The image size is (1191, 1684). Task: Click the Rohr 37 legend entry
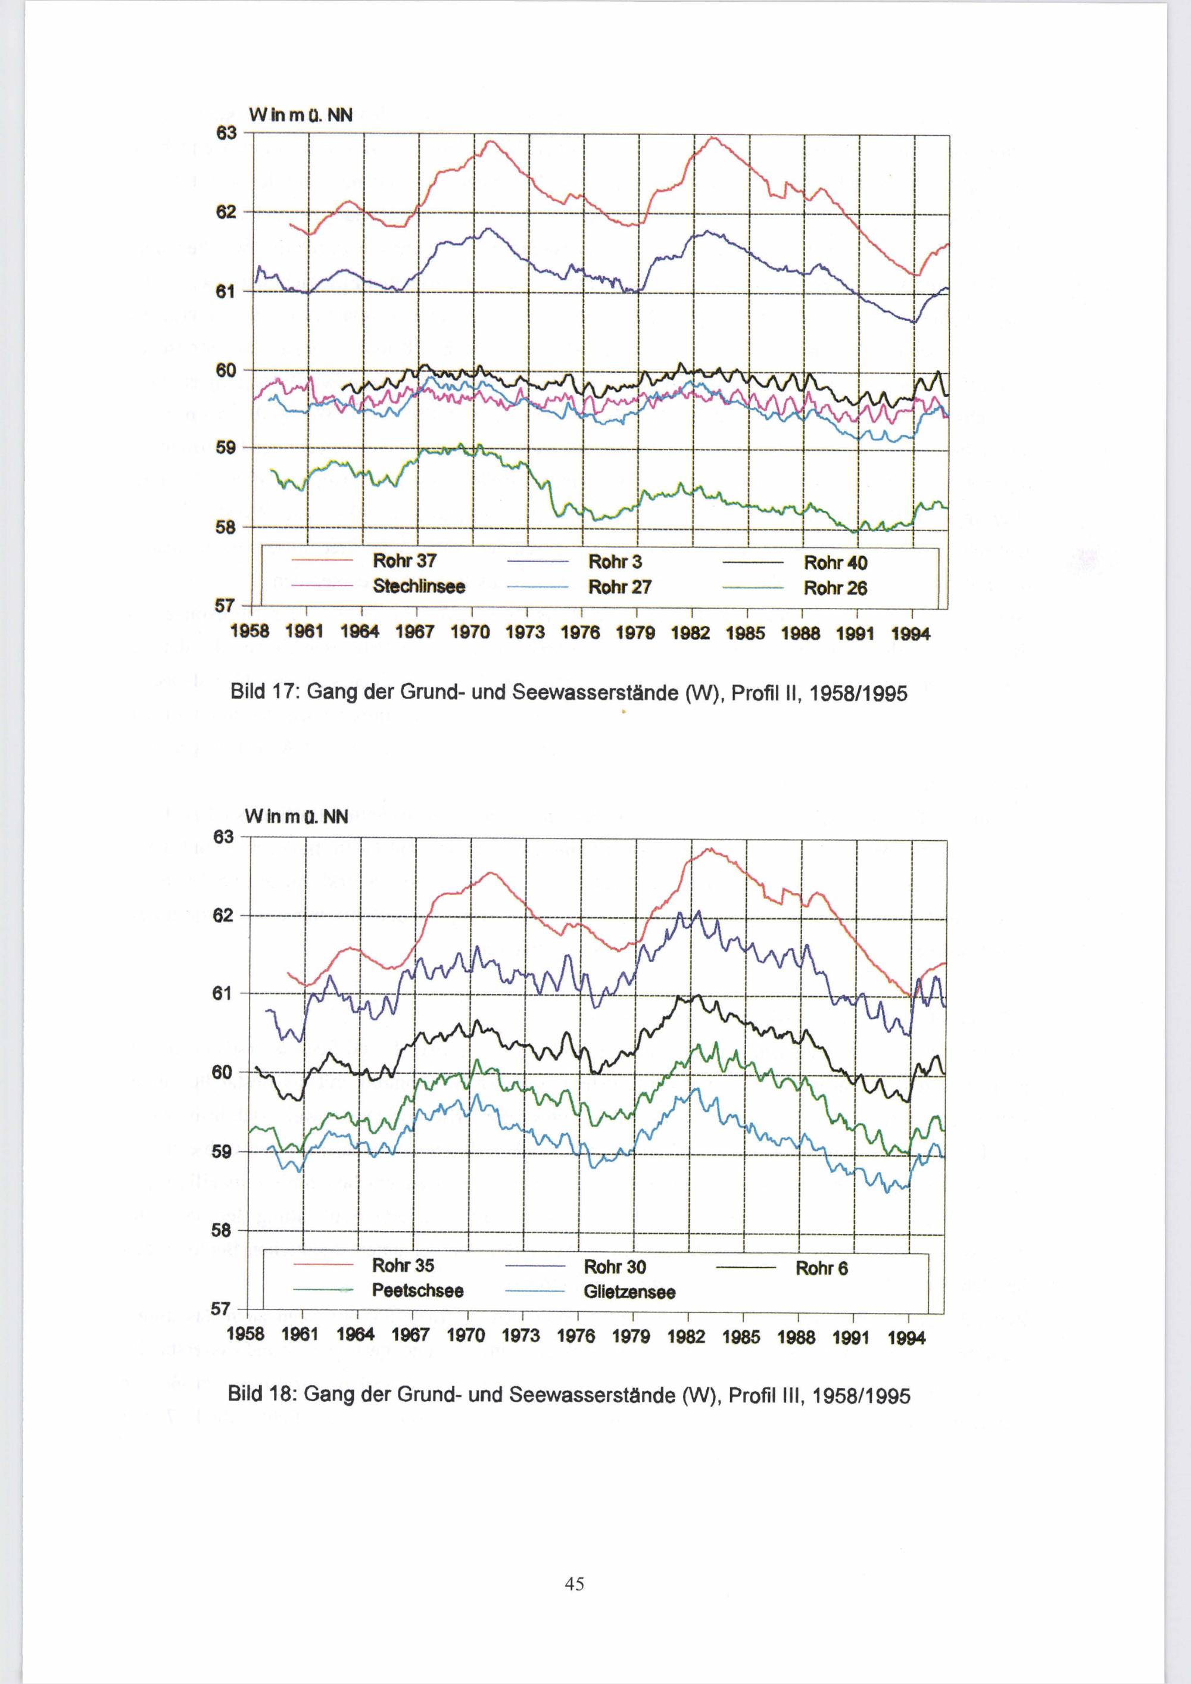pyautogui.click(x=404, y=561)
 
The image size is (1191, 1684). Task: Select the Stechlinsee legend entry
pyautogui.click(x=418, y=587)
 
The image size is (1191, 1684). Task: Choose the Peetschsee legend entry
pyautogui.click(x=417, y=1291)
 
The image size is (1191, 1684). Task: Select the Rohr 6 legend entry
pyautogui.click(x=821, y=1268)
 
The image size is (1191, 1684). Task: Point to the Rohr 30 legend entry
pyautogui.click(x=615, y=1267)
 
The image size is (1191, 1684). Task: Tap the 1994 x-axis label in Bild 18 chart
pyautogui.click(x=906, y=1339)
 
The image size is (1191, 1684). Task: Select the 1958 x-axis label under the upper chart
pyautogui.click(x=250, y=633)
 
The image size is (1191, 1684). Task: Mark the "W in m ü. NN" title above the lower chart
pyautogui.click(x=297, y=816)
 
